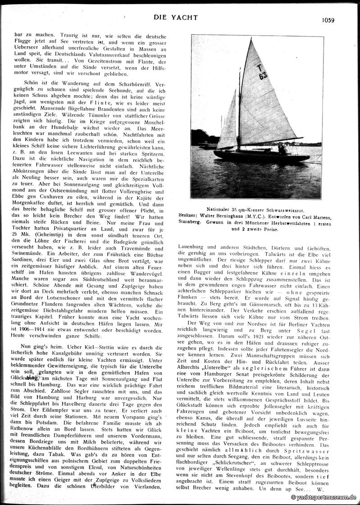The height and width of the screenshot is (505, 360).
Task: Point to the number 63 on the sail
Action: click(263, 76)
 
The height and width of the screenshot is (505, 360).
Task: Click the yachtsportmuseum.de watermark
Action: click(324, 497)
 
